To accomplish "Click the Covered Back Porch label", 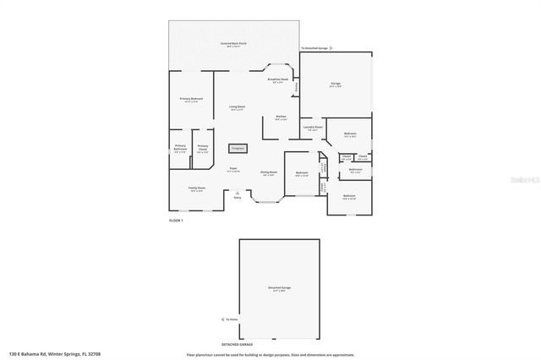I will click(233, 43).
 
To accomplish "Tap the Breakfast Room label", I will click(278, 79).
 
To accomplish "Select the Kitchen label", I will click(281, 117).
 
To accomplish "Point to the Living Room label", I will click(237, 107).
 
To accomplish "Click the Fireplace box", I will click(238, 147).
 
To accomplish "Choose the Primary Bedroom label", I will click(191, 100).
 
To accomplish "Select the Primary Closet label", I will click(203, 148).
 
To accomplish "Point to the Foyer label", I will click(233, 169).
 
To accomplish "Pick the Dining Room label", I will click(269, 173).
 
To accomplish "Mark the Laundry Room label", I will click(314, 128).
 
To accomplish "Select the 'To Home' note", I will click(232, 319).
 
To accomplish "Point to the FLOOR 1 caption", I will click(177, 220).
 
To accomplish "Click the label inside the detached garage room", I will click(280, 289).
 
